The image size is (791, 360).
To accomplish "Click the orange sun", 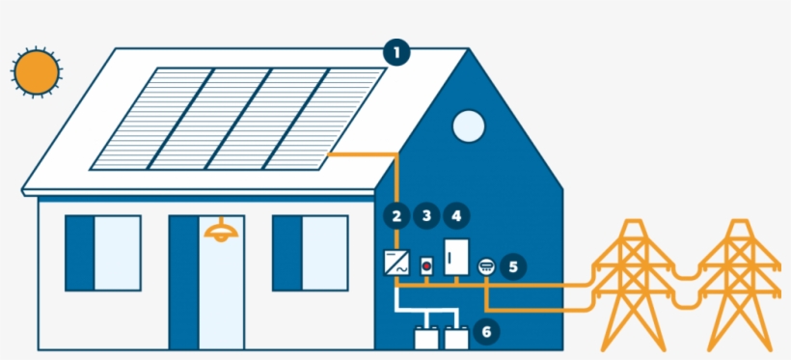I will pyautogui.click(x=37, y=71).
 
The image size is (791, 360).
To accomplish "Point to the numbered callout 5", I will pyautogui.click(x=513, y=264).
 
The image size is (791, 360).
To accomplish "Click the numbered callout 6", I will pyautogui.click(x=486, y=332).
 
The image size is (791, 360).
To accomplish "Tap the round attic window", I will pyautogui.click(x=468, y=126).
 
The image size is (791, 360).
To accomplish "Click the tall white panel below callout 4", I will pyautogui.click(x=455, y=258).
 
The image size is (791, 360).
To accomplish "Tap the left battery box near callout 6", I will pyautogui.click(x=424, y=338).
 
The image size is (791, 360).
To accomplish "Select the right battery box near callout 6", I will pyautogui.click(x=456, y=338).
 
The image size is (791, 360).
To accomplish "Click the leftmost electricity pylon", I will pyautogui.click(x=633, y=285).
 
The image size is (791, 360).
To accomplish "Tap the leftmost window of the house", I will pyautogui.click(x=103, y=253).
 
